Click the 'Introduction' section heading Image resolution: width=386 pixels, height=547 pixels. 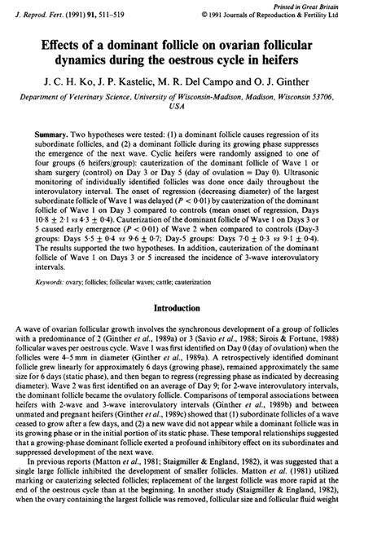tap(194, 309)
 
